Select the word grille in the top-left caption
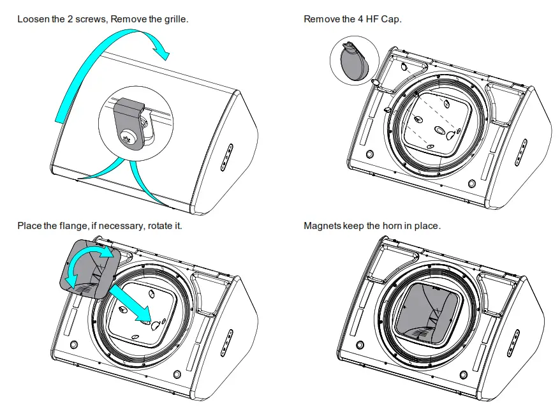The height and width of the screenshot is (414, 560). pos(175,19)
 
